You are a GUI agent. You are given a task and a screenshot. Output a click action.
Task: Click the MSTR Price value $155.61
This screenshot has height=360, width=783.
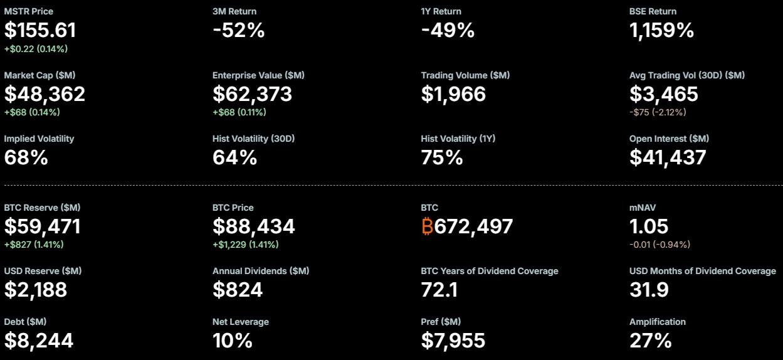pos(40,30)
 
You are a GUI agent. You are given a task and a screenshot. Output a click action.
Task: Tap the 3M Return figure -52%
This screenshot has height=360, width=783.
pos(239,30)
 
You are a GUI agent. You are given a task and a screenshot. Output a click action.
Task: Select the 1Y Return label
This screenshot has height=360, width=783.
pos(441,11)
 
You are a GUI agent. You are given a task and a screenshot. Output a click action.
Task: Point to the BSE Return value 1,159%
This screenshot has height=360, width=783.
pos(661,30)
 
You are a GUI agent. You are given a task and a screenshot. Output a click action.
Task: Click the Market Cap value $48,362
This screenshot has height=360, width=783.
pos(45,94)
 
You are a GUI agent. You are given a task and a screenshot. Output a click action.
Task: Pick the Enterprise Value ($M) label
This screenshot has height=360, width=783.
pos(258,75)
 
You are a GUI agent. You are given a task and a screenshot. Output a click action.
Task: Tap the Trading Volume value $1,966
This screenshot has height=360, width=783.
pos(453,94)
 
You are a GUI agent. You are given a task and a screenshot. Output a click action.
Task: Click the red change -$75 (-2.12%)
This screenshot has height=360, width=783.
pos(658,112)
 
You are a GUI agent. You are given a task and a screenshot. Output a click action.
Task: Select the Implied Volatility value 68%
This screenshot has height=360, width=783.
pos(26,157)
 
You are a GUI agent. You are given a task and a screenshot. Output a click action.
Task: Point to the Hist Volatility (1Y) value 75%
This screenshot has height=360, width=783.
pos(442,157)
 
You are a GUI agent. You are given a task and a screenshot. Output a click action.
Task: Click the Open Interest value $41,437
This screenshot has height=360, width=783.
pos(668,157)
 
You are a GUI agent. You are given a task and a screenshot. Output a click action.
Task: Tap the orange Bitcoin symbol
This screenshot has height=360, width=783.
pos(427,226)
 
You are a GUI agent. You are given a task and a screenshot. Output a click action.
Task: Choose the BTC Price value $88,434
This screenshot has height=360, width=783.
pos(254,226)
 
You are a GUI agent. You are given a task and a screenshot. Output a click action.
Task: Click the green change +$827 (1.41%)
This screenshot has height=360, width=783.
pos(34,245)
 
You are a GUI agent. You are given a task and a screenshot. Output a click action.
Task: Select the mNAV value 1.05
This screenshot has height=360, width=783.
pos(649,226)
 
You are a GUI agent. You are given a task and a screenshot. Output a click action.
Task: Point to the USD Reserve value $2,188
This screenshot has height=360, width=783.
pos(36,290)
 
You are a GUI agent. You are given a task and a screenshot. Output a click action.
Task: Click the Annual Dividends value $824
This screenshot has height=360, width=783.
pos(238,290)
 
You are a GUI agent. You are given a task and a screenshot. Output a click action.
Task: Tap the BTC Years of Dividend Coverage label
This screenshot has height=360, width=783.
pos(489,271)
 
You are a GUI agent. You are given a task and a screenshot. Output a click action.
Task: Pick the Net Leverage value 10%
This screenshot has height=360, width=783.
pos(233,341)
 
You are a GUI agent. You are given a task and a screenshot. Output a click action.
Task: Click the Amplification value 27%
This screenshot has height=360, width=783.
pos(650,341)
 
